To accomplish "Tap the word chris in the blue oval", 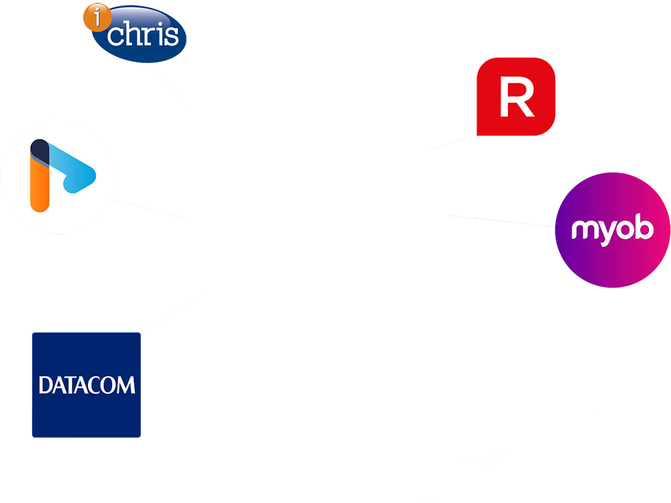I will tap(143, 35).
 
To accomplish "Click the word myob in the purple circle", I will tap(611, 231).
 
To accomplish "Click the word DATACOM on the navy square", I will tap(87, 385).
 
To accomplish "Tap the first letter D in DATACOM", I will tap(45, 385).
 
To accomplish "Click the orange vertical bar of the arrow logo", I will tap(40, 188).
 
